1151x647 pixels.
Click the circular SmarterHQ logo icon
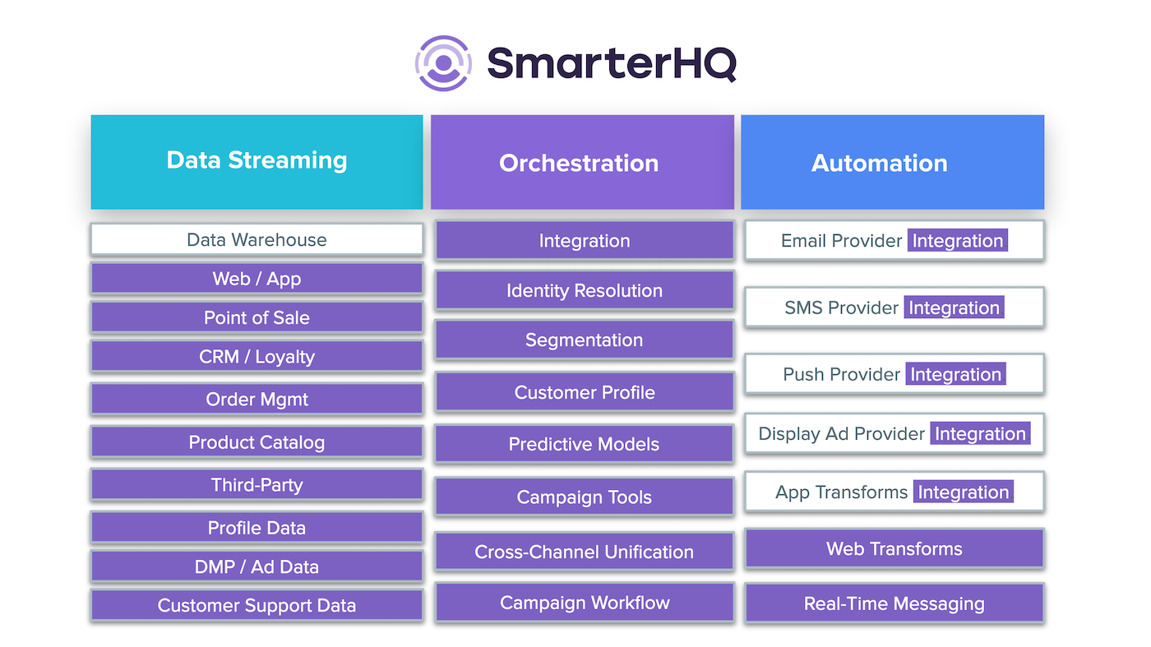click(443, 63)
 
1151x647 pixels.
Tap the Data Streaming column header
click(257, 162)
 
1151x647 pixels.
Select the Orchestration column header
click(582, 162)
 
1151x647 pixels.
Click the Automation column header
click(893, 162)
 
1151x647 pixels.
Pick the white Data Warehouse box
click(257, 239)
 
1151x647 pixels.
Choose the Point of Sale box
click(257, 317)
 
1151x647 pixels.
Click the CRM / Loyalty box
click(257, 357)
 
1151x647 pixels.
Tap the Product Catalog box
click(257, 442)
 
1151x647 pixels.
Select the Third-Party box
click(257, 484)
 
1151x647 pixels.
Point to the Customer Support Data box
click(257, 605)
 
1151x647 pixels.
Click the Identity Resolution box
click(585, 290)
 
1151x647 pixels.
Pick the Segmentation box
click(585, 340)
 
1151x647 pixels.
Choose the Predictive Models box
click(585, 444)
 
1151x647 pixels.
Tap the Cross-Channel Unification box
click(585, 552)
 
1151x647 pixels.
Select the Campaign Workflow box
click(585, 603)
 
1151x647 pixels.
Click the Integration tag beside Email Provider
click(957, 241)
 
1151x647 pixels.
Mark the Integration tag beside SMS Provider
click(955, 307)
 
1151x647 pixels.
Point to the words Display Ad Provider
click(841, 434)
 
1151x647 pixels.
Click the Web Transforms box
click(894, 548)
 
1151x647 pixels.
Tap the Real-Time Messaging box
click(894, 603)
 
